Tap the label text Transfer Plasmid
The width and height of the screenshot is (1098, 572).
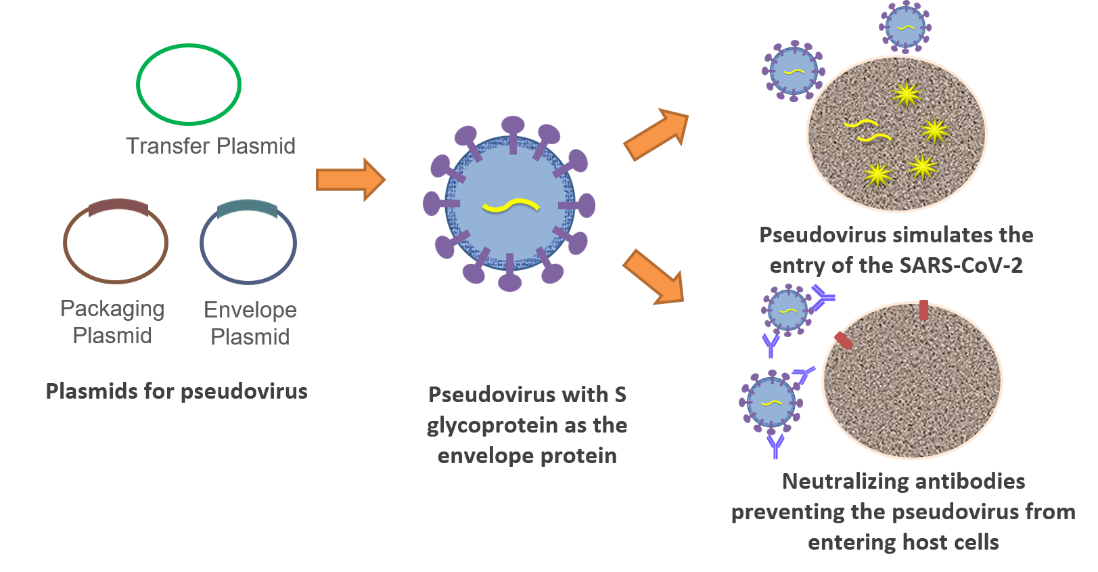point(210,146)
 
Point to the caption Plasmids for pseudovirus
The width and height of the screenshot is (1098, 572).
point(177,391)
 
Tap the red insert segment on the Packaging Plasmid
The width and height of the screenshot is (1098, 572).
point(119,206)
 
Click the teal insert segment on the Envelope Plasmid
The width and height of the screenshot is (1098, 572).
point(248,208)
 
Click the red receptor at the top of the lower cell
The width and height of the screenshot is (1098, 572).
point(923,310)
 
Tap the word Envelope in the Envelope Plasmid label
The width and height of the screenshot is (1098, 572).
point(250,309)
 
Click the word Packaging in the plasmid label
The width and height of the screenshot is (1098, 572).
point(112,309)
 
